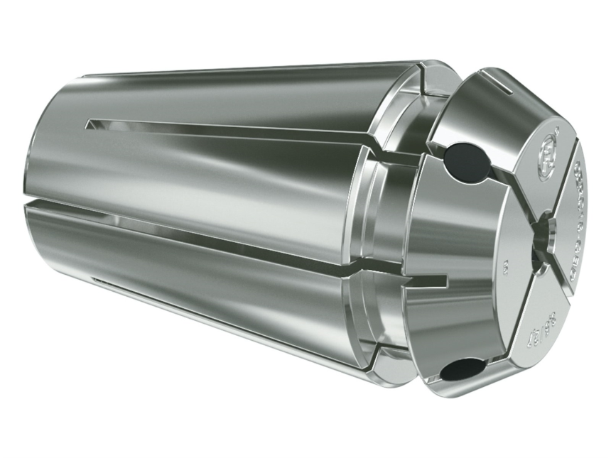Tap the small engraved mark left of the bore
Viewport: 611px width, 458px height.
click(x=506, y=266)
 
